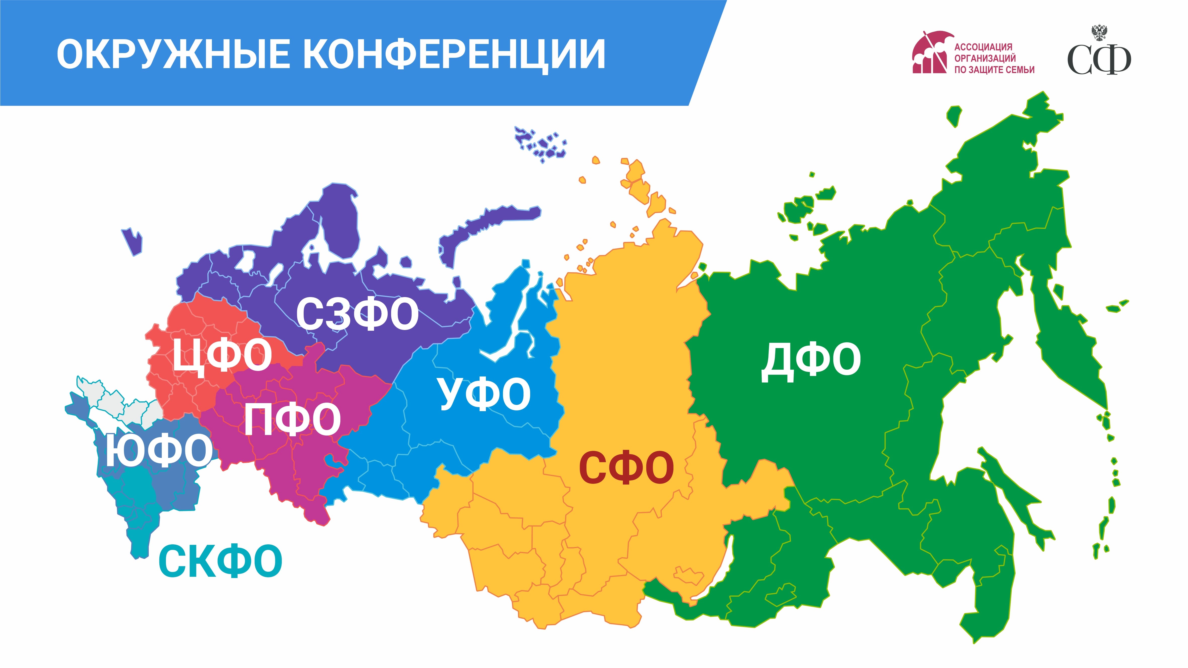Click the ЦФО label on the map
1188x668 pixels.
(222, 355)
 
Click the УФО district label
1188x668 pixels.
(484, 394)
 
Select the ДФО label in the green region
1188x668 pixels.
(811, 360)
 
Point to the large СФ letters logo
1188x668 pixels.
(1099, 60)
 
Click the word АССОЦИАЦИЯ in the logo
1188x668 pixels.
(983, 47)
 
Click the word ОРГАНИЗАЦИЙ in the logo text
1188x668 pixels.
(985, 59)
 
